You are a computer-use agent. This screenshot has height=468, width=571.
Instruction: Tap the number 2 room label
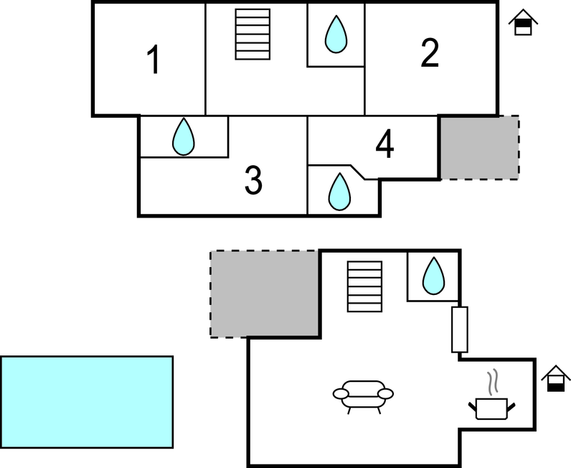[429, 53]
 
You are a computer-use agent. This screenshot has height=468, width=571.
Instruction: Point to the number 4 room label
[384, 146]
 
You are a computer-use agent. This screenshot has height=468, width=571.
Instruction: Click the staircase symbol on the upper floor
[253, 34]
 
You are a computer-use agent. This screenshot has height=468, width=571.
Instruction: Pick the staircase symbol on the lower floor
[364, 286]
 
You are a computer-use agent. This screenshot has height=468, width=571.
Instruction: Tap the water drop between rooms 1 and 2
[335, 34]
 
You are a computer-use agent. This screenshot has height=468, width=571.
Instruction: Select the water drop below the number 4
[339, 192]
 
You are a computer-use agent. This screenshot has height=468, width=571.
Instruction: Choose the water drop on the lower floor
[433, 276]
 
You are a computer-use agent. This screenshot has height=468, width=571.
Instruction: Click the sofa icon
[364, 394]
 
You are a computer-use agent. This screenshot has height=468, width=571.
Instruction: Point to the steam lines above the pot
[491, 382]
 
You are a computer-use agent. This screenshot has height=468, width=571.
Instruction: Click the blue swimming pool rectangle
[87, 401]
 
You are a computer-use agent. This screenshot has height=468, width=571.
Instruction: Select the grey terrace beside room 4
[478, 147]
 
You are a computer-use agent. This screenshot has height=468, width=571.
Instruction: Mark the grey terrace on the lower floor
[265, 293]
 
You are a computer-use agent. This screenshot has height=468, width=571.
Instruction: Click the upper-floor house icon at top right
[524, 23]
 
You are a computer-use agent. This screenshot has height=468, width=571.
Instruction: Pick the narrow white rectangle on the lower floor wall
[459, 329]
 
